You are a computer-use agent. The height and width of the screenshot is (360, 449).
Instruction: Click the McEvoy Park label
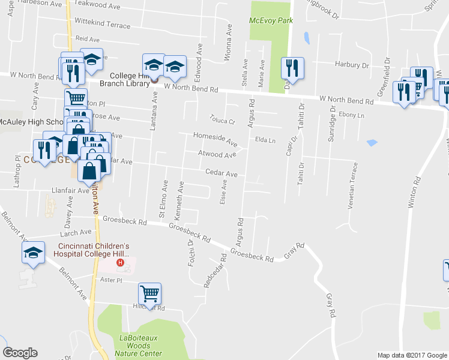[x=271, y=20]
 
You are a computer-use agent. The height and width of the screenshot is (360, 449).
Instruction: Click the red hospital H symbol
[x=121, y=262]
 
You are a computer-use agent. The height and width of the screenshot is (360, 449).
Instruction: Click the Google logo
[x=20, y=353]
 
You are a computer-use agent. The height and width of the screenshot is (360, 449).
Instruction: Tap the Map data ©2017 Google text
[x=412, y=355]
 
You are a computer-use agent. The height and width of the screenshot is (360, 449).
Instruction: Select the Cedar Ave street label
[x=221, y=173]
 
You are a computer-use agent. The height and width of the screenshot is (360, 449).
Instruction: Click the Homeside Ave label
[x=214, y=137]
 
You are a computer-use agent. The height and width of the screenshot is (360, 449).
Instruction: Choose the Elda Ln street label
[x=265, y=140]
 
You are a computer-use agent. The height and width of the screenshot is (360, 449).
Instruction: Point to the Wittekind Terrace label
[x=102, y=25]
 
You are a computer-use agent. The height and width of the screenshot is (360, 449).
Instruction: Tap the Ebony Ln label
[x=351, y=114]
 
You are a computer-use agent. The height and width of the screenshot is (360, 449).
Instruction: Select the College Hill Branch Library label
[x=125, y=80]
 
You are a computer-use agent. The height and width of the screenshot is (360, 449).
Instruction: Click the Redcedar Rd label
[x=214, y=270]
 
